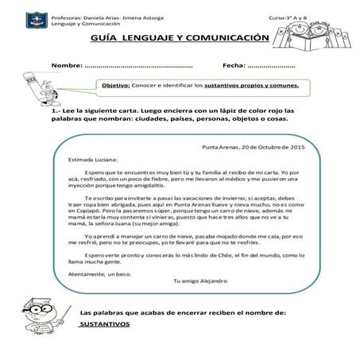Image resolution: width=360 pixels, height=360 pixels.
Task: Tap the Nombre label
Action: tap(67, 64)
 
